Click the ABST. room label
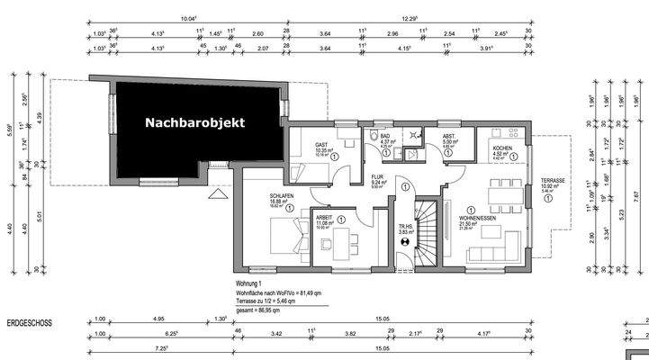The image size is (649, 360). point(449,137)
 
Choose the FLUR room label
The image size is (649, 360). point(379,177)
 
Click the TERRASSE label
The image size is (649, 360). point(554,182)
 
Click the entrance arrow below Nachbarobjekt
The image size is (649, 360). point(217,193)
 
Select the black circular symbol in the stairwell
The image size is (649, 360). point(404,241)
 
